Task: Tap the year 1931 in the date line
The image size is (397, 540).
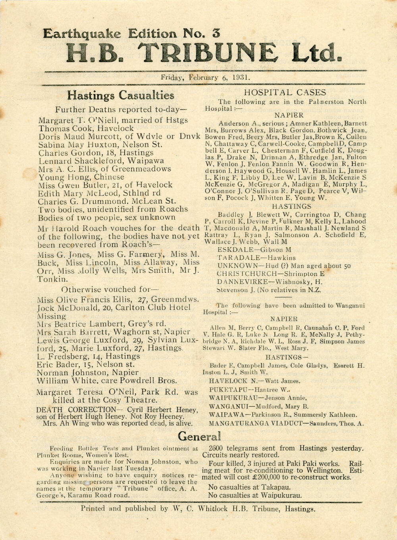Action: [241, 77]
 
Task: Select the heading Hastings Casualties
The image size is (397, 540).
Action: [120, 96]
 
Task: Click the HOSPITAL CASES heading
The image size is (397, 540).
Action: [285, 93]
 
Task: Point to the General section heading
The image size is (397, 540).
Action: [198, 437]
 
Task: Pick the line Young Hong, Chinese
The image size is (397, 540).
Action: [81, 177]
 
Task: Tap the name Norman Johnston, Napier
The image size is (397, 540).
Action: [88, 373]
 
